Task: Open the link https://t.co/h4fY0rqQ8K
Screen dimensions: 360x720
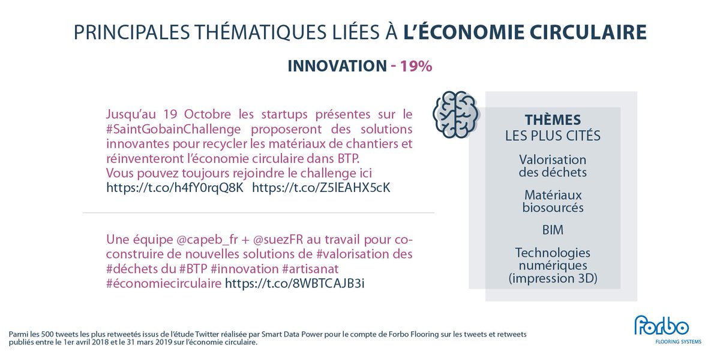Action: click(x=175, y=187)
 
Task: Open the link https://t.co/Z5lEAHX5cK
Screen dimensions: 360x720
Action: click(x=321, y=187)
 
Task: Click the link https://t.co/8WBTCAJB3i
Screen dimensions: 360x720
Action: click(x=295, y=282)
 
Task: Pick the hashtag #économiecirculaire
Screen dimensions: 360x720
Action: click(x=164, y=282)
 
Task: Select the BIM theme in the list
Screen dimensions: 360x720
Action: click(x=552, y=230)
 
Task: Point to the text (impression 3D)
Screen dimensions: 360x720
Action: click(x=552, y=279)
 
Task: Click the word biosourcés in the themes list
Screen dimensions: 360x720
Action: click(x=552, y=208)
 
